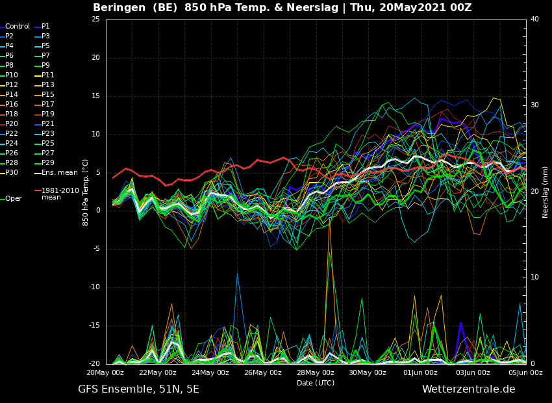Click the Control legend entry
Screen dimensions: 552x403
click(15, 27)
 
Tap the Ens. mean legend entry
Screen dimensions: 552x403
click(56, 173)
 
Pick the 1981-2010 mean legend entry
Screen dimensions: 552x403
click(56, 194)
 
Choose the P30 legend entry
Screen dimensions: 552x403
click(9, 173)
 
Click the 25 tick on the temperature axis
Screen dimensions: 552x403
click(95, 19)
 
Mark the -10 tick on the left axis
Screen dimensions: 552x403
click(94, 287)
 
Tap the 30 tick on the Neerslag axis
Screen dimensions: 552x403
click(534, 105)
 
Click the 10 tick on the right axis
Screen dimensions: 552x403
click(534, 278)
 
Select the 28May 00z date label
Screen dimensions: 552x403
click(315, 372)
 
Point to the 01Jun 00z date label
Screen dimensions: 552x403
click(420, 372)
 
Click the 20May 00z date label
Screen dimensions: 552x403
click(105, 372)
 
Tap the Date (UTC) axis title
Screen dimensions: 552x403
click(316, 383)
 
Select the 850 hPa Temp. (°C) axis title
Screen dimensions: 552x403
click(85, 192)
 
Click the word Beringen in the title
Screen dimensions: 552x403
click(119, 7)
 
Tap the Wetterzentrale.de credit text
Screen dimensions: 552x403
click(469, 389)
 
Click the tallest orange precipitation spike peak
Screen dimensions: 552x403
click(329, 219)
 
